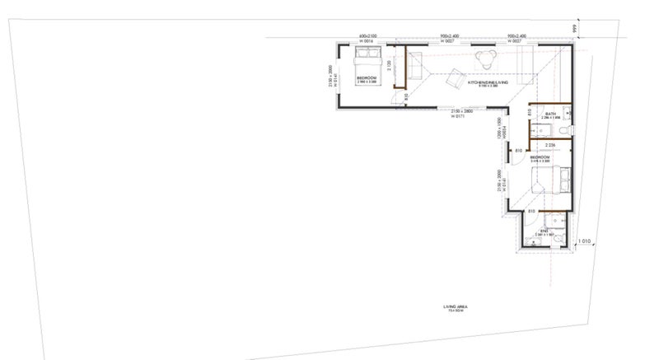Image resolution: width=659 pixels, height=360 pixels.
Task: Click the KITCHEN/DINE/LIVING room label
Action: (x=487, y=83)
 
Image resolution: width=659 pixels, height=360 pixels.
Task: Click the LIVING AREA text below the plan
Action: (x=456, y=308)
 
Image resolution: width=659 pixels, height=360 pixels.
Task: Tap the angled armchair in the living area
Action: (x=454, y=80)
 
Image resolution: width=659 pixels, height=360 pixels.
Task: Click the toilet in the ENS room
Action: (x=559, y=237)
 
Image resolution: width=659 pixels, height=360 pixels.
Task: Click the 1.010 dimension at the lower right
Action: (x=584, y=241)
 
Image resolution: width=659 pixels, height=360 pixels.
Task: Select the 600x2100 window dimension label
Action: (x=367, y=37)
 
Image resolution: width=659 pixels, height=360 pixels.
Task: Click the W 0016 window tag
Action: (x=367, y=42)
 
